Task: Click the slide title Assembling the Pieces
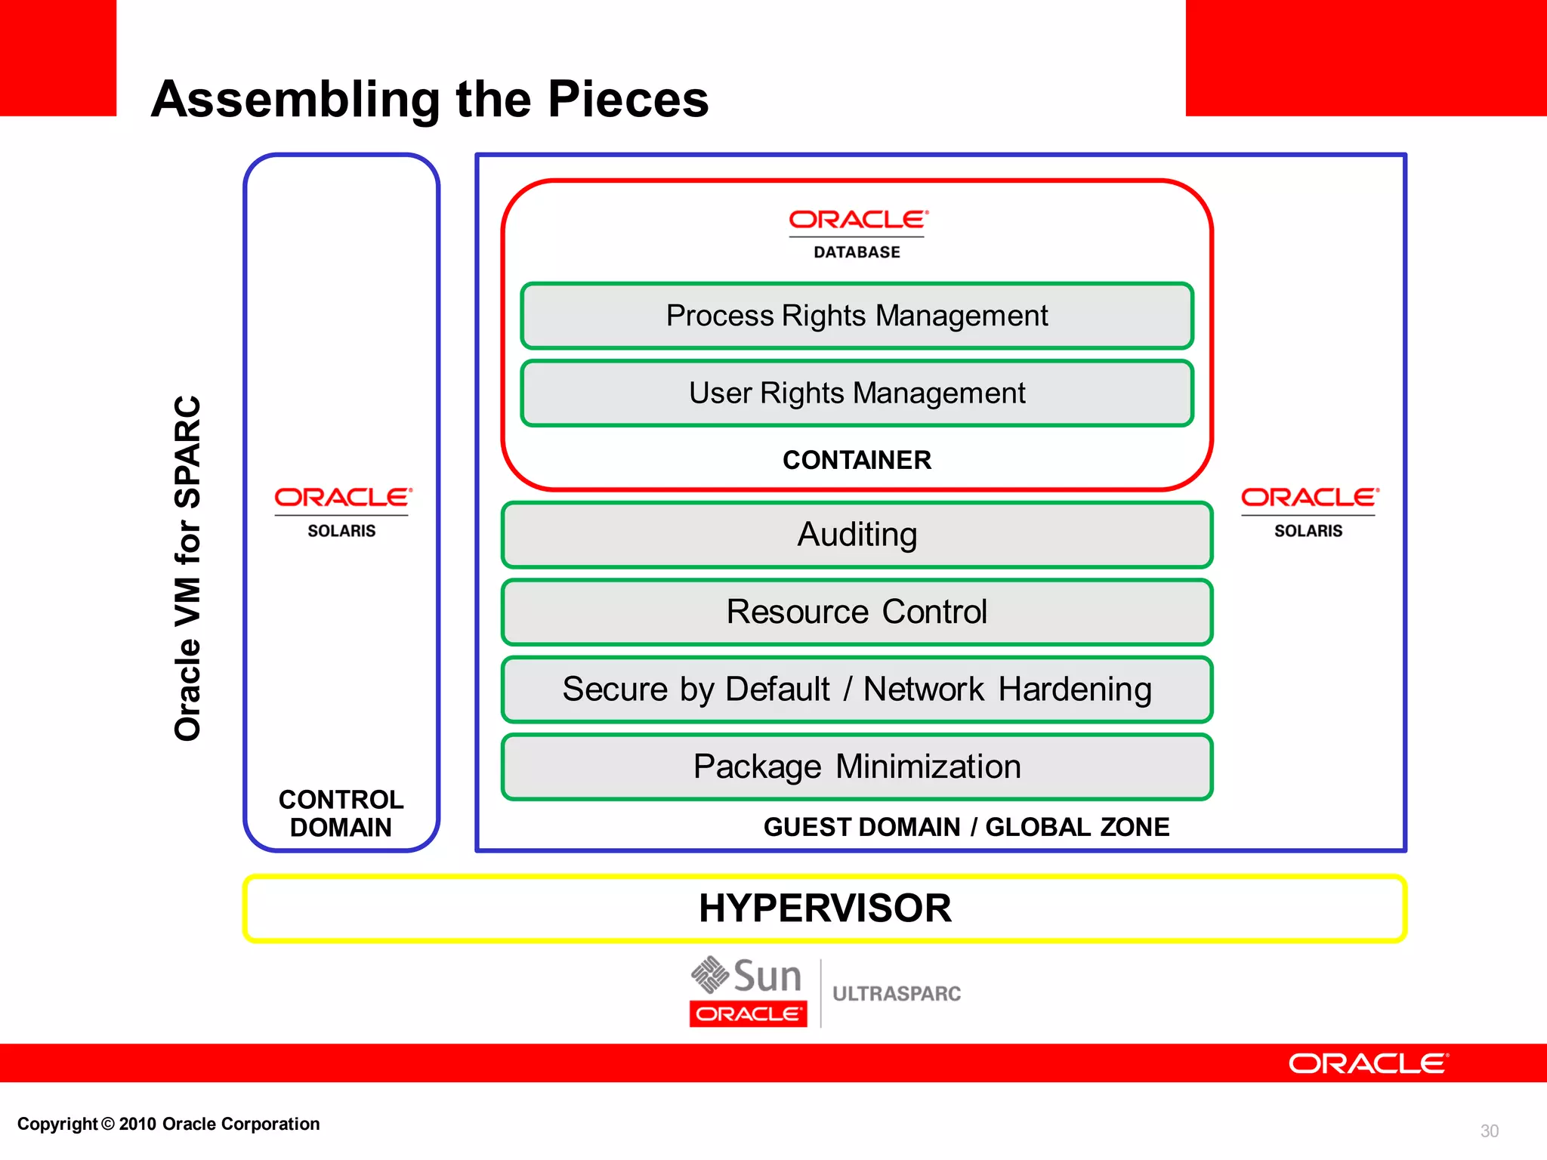(430, 99)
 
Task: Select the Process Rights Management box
(857, 316)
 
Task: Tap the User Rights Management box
(857, 393)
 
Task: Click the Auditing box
(857, 535)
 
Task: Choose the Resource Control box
(857, 612)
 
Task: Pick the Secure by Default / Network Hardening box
(857, 690)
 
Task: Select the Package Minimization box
(857, 767)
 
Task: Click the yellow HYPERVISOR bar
(824, 909)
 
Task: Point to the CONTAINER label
(857, 460)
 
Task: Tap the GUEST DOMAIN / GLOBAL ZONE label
(966, 827)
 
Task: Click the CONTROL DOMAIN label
(341, 813)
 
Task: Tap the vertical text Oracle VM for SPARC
(187, 568)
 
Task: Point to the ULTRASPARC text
(897, 994)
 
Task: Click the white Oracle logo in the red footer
(1368, 1063)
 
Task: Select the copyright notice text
(168, 1124)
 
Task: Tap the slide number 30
(1489, 1131)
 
